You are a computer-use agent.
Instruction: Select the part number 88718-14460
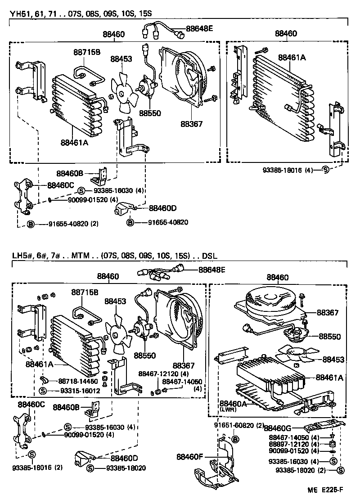pyautogui.click(x=78, y=381)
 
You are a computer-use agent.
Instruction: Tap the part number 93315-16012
pyautogui.click(x=78, y=390)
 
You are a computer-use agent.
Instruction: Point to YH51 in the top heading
pyautogui.click(x=19, y=13)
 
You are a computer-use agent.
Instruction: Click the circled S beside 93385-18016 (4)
pyautogui.click(x=325, y=170)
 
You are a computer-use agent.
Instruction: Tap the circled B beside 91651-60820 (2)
pyautogui.click(x=235, y=438)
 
